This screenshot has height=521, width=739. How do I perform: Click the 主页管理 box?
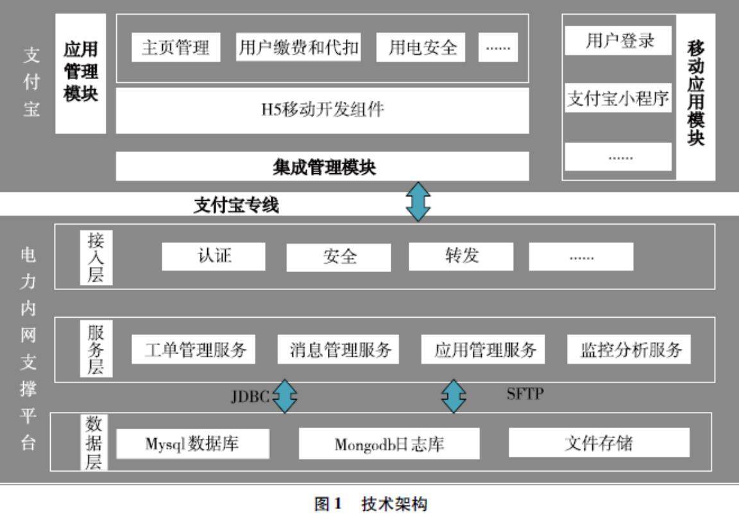176,47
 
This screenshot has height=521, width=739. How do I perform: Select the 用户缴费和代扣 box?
298,47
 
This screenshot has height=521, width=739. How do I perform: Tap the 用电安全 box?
423,47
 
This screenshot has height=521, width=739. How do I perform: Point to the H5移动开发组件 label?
322,110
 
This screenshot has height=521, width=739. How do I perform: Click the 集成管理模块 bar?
322,167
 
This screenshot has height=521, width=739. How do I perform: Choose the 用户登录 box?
618,41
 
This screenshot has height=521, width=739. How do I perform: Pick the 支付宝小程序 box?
618,99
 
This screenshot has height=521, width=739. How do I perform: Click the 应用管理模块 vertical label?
81,73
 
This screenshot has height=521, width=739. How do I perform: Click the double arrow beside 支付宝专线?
418,201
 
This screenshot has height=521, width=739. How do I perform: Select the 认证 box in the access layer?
214,256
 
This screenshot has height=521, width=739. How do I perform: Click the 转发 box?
461,256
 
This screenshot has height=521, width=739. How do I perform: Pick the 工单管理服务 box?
193,350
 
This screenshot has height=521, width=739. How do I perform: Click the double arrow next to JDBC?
285,397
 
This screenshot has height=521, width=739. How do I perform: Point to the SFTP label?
524,394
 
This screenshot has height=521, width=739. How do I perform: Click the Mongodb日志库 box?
389,444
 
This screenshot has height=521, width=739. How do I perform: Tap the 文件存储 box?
599,443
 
